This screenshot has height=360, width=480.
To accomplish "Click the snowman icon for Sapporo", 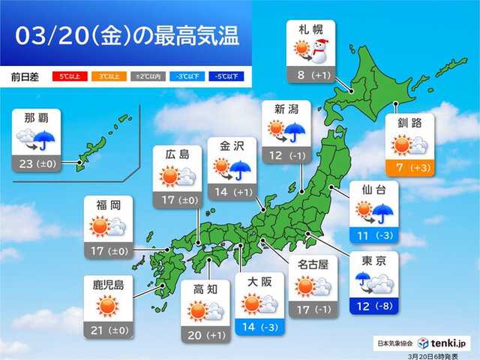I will [321, 51].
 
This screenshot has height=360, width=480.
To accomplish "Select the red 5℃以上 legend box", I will [64, 76].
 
